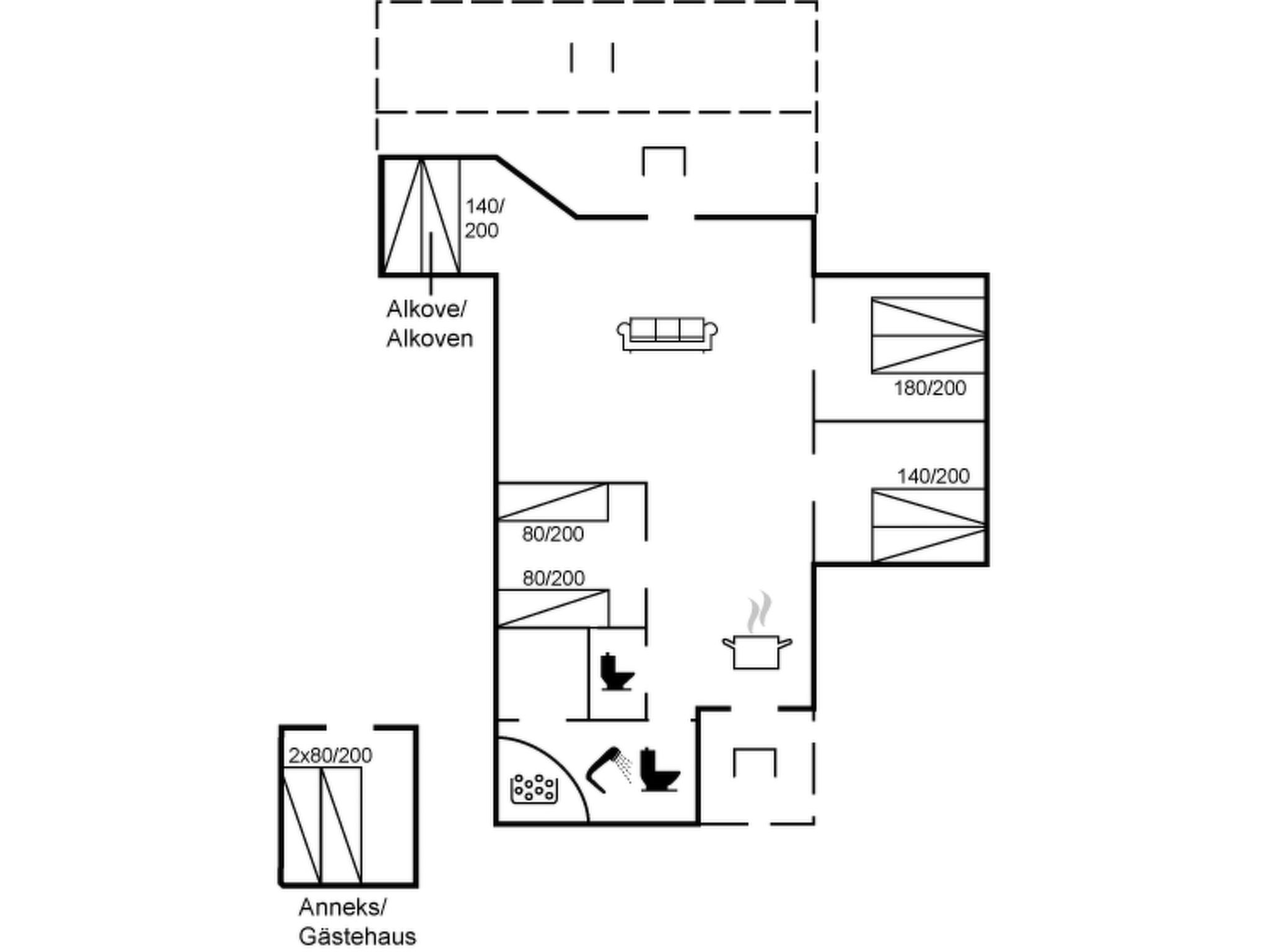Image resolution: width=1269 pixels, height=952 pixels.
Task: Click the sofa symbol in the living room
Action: (x=667, y=334)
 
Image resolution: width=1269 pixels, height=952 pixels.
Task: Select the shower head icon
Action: (x=607, y=769)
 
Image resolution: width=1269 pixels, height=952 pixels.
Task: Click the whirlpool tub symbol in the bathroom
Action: (x=534, y=788)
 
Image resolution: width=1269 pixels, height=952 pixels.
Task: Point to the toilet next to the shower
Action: (x=659, y=771)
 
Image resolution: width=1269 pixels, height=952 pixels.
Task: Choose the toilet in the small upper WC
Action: (x=617, y=671)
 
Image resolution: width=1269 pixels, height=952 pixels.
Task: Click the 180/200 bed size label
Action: (x=929, y=389)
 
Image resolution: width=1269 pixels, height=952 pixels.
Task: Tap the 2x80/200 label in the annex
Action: (x=330, y=756)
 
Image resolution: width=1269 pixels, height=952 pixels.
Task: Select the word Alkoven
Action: (x=429, y=338)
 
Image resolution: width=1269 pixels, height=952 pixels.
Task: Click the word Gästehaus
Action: (x=358, y=936)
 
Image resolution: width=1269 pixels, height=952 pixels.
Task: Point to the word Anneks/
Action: (x=342, y=907)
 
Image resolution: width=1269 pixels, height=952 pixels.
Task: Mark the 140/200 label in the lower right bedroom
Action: (x=933, y=476)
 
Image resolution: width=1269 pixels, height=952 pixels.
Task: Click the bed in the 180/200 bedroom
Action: (x=928, y=335)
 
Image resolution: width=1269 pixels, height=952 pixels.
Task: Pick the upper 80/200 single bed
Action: (x=553, y=501)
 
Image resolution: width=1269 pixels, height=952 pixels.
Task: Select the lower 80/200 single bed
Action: (x=553, y=608)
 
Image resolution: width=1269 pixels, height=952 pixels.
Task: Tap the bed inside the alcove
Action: (x=421, y=216)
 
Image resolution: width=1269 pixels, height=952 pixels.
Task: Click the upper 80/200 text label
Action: (x=553, y=534)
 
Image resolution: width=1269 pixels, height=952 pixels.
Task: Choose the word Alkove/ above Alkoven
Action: (x=426, y=309)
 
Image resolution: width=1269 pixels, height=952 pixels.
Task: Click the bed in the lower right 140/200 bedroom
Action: (x=928, y=526)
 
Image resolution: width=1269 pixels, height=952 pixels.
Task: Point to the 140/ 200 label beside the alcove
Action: (x=484, y=218)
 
